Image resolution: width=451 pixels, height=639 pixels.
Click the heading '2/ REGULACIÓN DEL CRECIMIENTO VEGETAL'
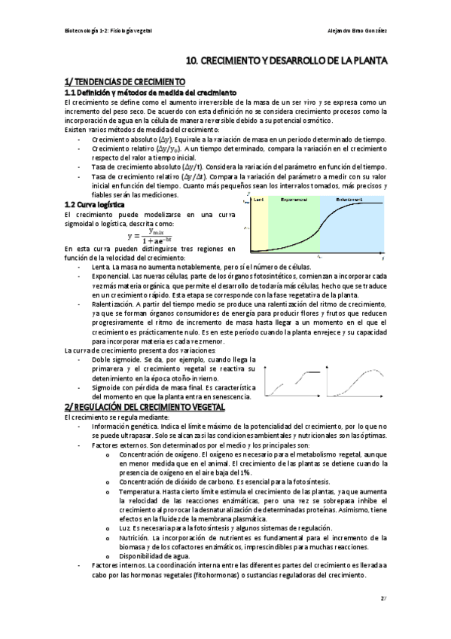click(145, 407)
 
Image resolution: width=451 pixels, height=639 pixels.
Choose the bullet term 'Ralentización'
click(114, 303)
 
